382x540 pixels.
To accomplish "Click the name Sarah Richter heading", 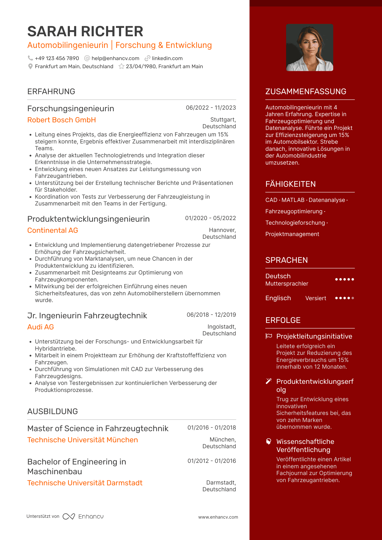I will tap(85, 31).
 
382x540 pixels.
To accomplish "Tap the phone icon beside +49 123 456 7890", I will tap(30, 58).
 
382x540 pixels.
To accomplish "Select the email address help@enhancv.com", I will tap(115, 58).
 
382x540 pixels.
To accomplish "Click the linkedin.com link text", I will tap(167, 58).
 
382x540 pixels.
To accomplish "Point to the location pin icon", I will tap(30, 67).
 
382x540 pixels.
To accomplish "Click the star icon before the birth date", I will tap(121, 67).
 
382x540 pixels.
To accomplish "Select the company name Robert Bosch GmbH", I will tap(61, 120).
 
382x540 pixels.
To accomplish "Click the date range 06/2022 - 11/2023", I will tap(211, 108).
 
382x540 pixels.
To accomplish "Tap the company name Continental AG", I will tap(53, 230).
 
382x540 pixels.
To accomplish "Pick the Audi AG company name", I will tap(41, 327).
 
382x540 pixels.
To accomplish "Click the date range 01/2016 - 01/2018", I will tap(212, 428).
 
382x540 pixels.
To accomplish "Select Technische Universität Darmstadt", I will tap(85, 483).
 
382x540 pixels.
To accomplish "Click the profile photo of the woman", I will tap(310, 48).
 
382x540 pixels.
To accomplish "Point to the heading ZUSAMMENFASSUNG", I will tap(306, 91).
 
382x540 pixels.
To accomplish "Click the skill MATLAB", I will tap(293, 200).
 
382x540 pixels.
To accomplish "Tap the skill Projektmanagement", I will tap(292, 234).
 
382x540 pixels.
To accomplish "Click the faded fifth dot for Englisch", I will tap(353, 298).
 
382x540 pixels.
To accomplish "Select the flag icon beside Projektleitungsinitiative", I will tap(268, 336).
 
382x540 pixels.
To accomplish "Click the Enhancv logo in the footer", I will tap(83, 516).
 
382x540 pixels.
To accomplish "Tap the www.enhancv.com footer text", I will tap(218, 517).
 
